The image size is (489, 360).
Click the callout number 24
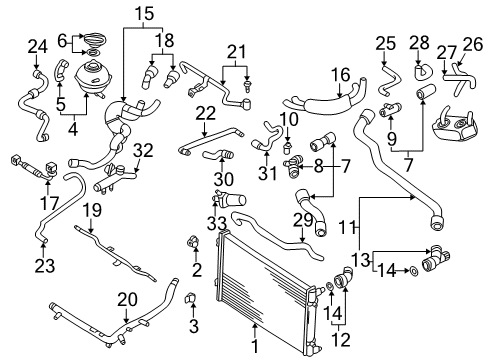point(37,47)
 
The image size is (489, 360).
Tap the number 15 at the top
point(144,14)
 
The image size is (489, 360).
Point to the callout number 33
point(217,224)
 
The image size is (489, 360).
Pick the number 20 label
point(127,300)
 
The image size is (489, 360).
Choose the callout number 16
point(341,75)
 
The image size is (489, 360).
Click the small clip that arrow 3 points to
point(191,297)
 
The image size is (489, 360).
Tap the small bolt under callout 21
point(247,85)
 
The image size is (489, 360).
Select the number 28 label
point(419,43)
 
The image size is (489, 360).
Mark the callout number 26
point(473,45)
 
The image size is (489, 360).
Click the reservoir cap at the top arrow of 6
point(95,39)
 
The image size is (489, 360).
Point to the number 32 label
point(143,151)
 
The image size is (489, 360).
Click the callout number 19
point(92,211)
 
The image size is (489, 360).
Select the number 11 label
point(347,228)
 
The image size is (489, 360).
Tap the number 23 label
point(45,266)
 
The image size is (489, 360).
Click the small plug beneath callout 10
point(286,148)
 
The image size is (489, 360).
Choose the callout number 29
point(303,220)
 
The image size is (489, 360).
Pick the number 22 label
point(206,114)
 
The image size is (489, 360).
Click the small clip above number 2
point(193,242)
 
